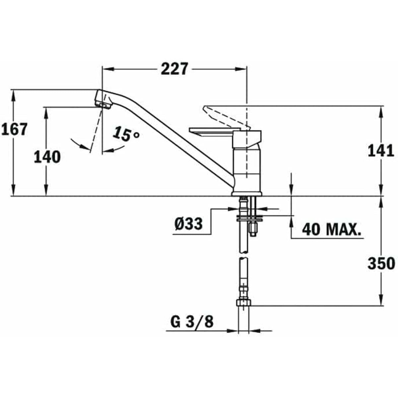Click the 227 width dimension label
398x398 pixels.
point(174,69)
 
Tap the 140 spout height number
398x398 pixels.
point(47,157)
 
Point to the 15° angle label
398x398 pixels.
point(126,134)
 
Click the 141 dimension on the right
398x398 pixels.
point(381,151)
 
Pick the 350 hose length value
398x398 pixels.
point(381,263)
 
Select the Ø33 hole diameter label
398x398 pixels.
point(188,224)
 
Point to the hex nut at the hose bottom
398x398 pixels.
point(244,304)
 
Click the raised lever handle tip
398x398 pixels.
point(206,108)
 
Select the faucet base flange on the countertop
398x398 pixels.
point(247,193)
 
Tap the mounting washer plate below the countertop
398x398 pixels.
point(249,219)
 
